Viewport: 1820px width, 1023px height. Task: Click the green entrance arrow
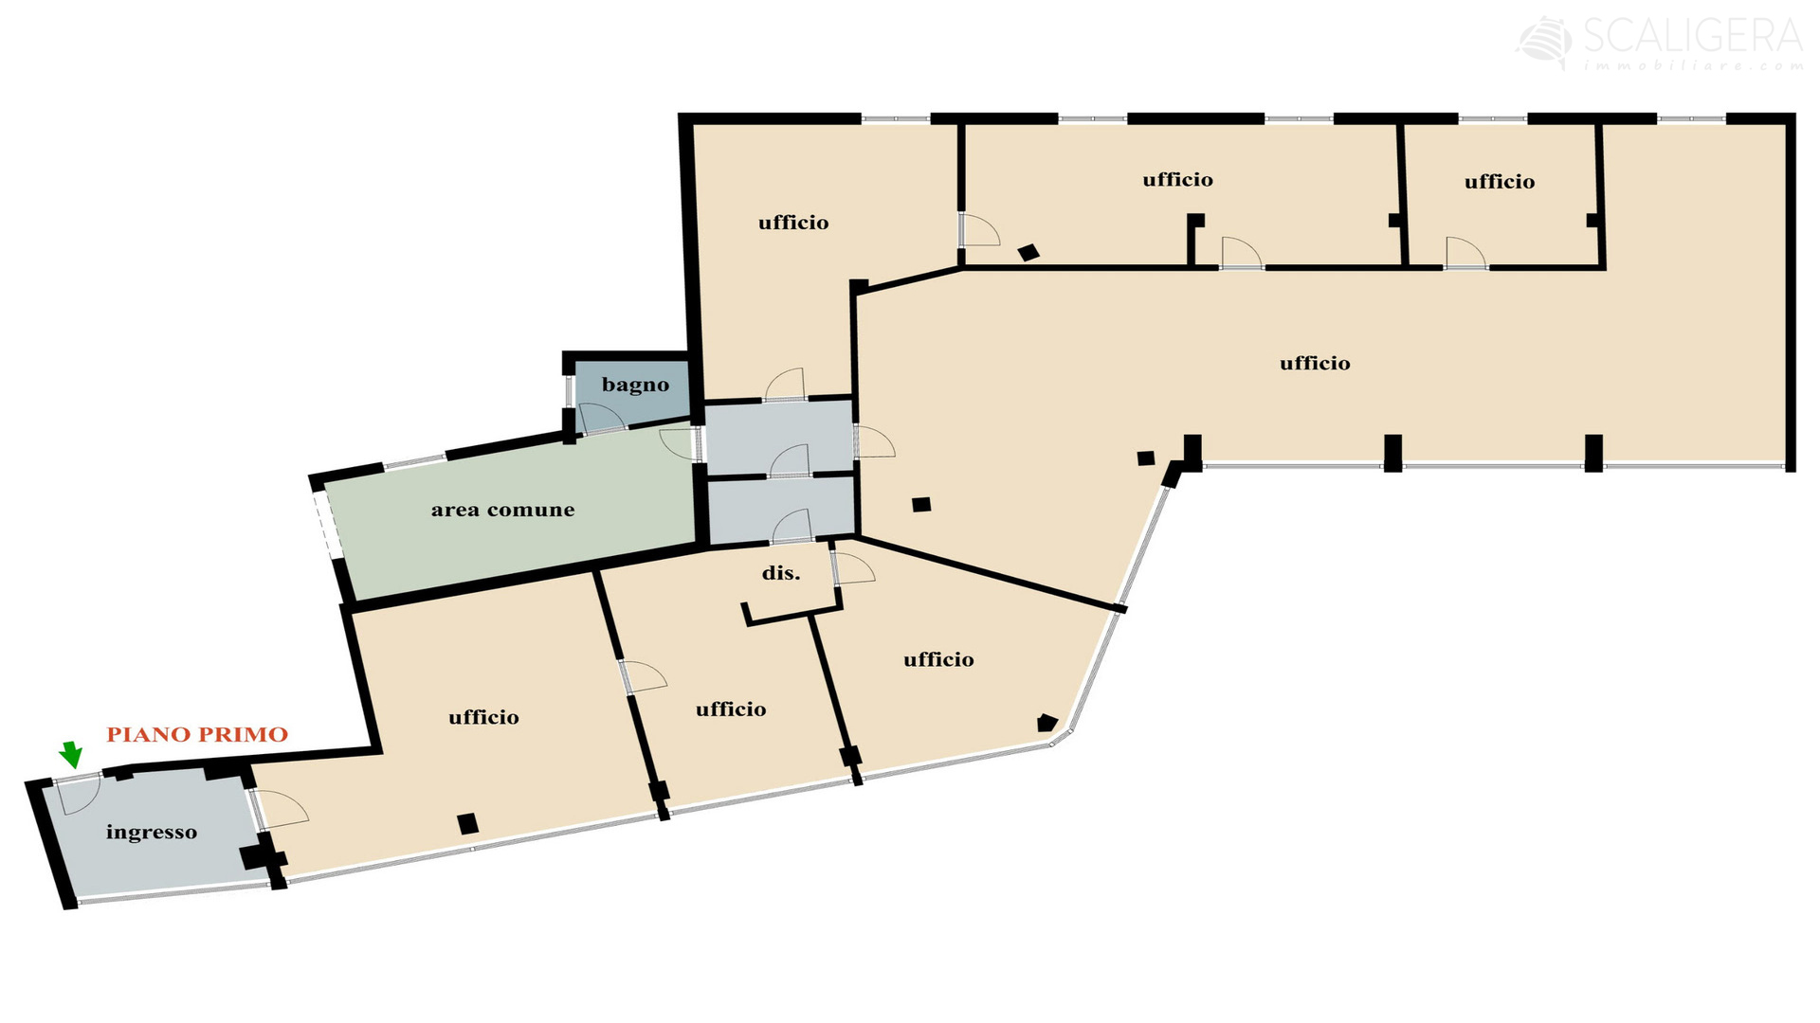pos(70,754)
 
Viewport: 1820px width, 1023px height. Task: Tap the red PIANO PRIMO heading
pos(197,734)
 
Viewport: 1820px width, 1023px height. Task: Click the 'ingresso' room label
pos(152,833)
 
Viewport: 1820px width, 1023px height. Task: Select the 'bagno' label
pos(635,385)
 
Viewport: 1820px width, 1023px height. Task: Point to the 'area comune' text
pos(502,510)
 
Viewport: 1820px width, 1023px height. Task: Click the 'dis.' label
pos(781,573)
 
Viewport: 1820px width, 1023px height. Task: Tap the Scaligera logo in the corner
pos(1660,44)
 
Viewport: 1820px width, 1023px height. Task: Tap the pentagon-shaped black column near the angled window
pos(1046,723)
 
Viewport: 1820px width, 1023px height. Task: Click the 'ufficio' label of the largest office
pos(1315,363)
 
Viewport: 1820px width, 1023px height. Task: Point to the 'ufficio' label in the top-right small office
pos(1499,181)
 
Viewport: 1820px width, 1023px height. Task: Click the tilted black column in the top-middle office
pos(1028,252)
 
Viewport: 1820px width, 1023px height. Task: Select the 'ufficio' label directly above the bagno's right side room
pos(793,223)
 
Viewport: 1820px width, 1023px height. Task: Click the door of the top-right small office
pos(1465,253)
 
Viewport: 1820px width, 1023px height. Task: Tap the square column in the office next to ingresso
pos(467,823)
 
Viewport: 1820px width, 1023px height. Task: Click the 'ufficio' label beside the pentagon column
pos(938,659)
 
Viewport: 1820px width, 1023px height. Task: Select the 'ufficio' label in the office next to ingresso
pos(483,717)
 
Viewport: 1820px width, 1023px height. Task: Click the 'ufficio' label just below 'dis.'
pos(731,709)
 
